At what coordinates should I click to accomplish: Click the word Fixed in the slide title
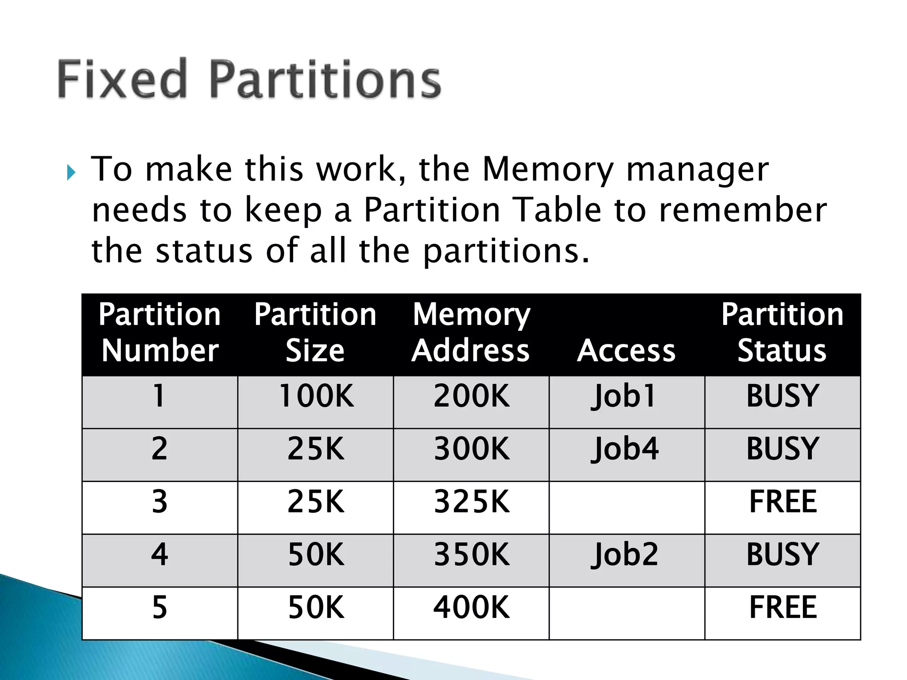[x=122, y=79]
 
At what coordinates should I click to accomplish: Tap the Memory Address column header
[x=471, y=332]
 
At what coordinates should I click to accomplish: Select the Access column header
[x=626, y=351]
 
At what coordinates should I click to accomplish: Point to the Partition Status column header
[x=782, y=332]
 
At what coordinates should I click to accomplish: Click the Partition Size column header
[x=315, y=332]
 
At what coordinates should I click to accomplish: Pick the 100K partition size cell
[x=316, y=396]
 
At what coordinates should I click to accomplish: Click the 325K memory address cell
[x=472, y=502]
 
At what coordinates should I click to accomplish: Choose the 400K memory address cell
[x=472, y=607]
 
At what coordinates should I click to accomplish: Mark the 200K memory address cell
[x=472, y=396]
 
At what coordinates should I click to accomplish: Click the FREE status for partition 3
[x=783, y=502]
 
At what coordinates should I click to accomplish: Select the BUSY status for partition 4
[x=783, y=554]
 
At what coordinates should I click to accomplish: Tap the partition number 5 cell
[x=159, y=607]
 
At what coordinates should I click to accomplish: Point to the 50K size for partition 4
[x=316, y=554]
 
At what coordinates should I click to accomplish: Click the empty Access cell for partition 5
[x=626, y=613]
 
